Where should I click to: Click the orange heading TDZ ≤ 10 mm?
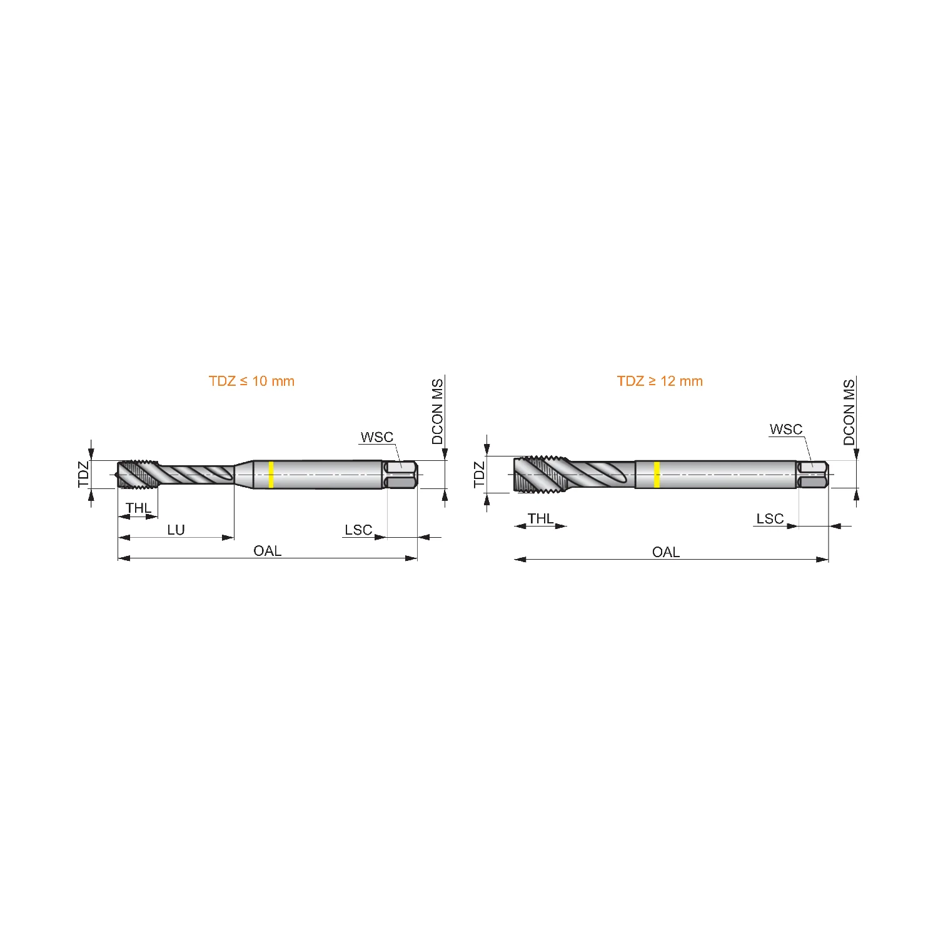point(251,381)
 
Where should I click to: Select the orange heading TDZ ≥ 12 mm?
point(660,381)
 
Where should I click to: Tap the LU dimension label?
point(176,530)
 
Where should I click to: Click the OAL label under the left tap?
point(268,551)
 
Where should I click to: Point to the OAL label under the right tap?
point(666,552)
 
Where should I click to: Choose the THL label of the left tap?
point(139,508)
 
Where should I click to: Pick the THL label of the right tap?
point(541,518)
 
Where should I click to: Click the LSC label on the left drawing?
point(358,530)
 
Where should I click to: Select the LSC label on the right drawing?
point(770,519)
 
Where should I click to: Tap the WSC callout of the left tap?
point(377,437)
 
